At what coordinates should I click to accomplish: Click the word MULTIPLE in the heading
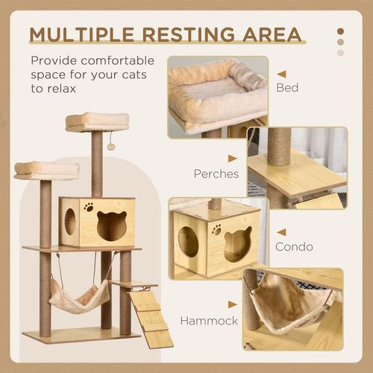click(x=84, y=34)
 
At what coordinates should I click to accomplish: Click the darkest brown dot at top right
click(x=341, y=31)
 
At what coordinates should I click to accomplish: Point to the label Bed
click(x=287, y=88)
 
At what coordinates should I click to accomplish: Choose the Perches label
click(x=216, y=173)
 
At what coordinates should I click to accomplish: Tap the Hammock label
click(x=213, y=321)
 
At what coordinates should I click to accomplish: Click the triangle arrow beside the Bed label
click(x=281, y=74)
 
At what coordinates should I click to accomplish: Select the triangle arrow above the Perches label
click(x=232, y=158)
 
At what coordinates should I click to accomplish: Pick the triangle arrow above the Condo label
click(x=281, y=232)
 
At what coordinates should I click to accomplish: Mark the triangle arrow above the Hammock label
click(x=232, y=305)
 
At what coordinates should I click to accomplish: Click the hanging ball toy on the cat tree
click(x=111, y=146)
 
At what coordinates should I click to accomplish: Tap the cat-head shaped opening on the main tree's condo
click(x=112, y=226)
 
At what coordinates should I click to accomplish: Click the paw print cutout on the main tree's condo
click(x=89, y=207)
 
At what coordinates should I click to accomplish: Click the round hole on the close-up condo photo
click(x=188, y=242)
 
